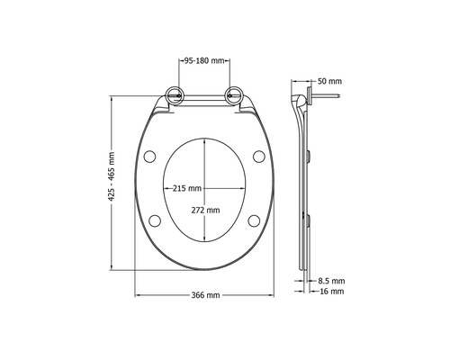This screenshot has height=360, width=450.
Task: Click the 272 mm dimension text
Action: click(205, 211)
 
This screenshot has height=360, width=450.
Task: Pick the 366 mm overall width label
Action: click(206, 296)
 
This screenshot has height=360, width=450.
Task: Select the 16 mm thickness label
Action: click(331, 292)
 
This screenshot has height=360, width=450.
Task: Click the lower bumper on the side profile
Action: click(310, 219)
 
